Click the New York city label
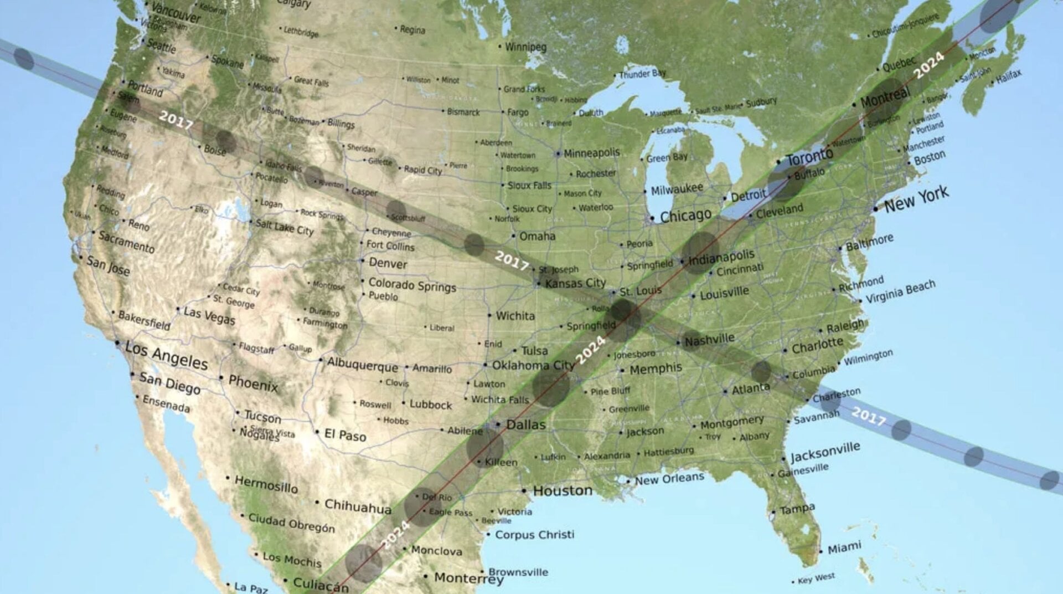(x=916, y=199)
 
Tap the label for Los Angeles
(x=166, y=355)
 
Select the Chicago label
(x=685, y=216)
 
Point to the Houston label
(x=563, y=490)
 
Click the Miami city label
(x=844, y=548)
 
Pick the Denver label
(x=388, y=263)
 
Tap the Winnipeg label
(x=525, y=47)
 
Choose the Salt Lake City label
(x=285, y=227)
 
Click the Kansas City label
(x=575, y=283)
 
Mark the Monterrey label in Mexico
(x=468, y=578)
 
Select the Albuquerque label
(x=362, y=365)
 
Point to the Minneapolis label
(x=592, y=153)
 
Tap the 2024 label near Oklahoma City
(x=591, y=350)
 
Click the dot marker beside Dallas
(x=498, y=424)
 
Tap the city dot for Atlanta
(x=725, y=392)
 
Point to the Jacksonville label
(x=825, y=452)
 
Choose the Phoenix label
(x=253, y=382)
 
